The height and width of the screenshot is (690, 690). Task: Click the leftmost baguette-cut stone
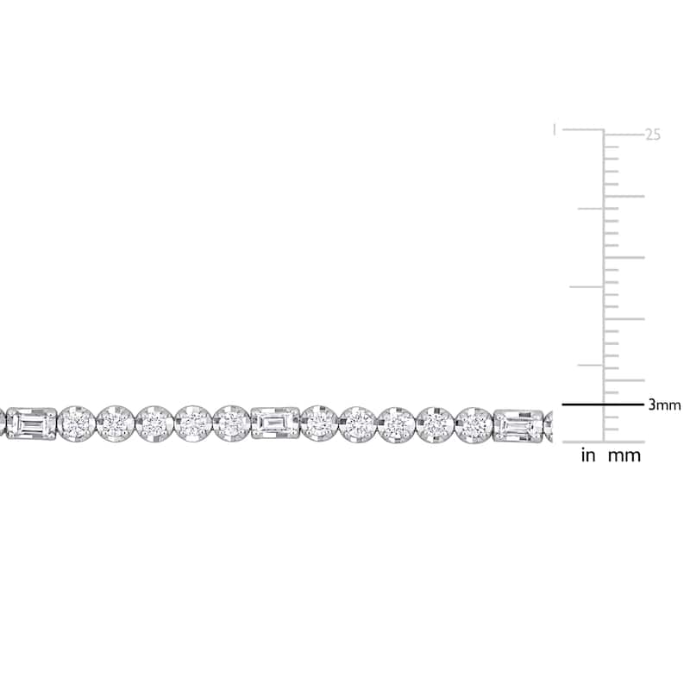[32, 423]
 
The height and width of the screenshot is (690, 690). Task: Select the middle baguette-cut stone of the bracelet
[275, 423]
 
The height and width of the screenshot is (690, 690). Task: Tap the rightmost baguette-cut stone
[518, 425]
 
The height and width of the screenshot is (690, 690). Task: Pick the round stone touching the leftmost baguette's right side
[77, 423]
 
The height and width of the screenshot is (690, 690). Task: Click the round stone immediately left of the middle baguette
[231, 423]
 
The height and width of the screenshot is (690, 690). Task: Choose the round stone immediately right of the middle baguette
[319, 423]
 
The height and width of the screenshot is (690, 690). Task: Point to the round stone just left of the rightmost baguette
[474, 425]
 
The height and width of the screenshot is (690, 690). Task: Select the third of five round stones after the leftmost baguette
[154, 423]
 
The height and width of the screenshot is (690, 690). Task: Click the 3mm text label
[664, 405]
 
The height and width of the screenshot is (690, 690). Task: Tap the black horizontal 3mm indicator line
[602, 405]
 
